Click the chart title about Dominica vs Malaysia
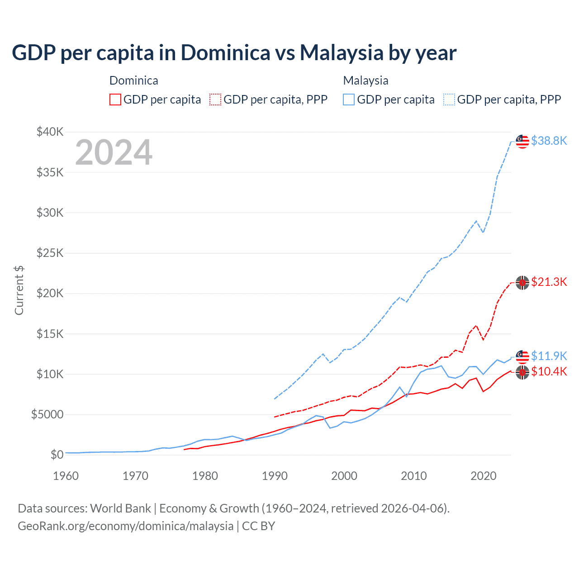[234, 53]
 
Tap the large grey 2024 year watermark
[114, 152]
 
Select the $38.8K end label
[549, 141]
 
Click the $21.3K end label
[549, 282]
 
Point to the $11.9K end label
[549, 356]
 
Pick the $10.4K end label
[549, 371]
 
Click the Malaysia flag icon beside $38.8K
[522, 141]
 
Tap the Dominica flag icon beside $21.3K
[522, 282]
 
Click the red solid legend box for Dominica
[115, 100]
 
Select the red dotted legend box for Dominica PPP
[215, 100]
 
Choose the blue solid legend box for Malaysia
[349, 100]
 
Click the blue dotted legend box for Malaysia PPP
[449, 100]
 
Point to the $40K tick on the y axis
[50, 132]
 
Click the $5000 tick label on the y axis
[47, 414]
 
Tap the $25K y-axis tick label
[50, 253]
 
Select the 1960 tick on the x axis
[66, 476]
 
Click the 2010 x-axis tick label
[414, 476]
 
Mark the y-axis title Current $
[19, 290]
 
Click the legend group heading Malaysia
[365, 81]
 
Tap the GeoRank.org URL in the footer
[125, 526]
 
